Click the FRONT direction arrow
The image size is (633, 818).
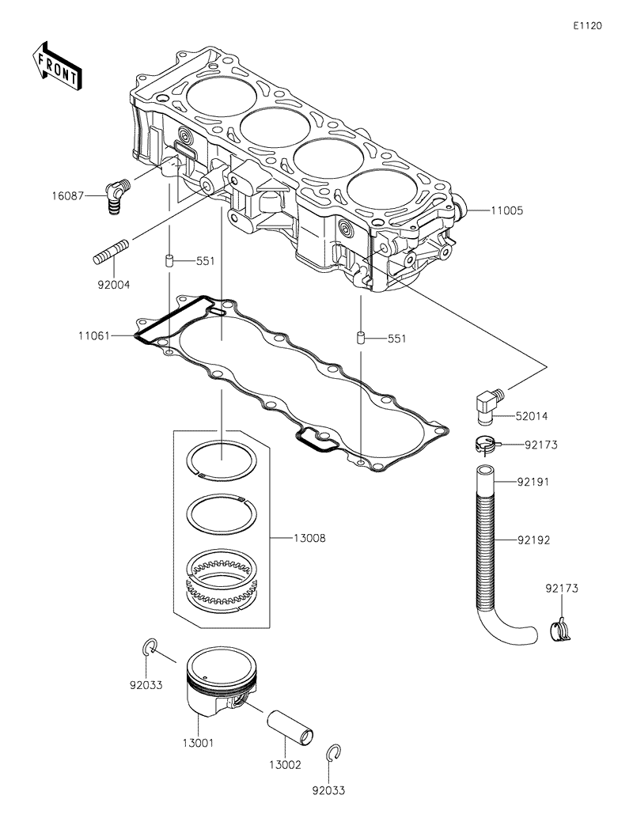(x=55, y=65)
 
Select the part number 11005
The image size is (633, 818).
(x=507, y=211)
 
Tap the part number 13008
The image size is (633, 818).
(x=309, y=538)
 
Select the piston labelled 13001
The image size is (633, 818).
(x=218, y=684)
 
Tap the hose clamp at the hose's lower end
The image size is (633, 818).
(x=561, y=629)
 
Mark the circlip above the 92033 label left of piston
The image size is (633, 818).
(x=148, y=648)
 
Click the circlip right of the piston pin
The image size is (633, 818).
(x=335, y=755)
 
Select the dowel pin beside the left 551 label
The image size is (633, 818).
(x=169, y=260)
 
